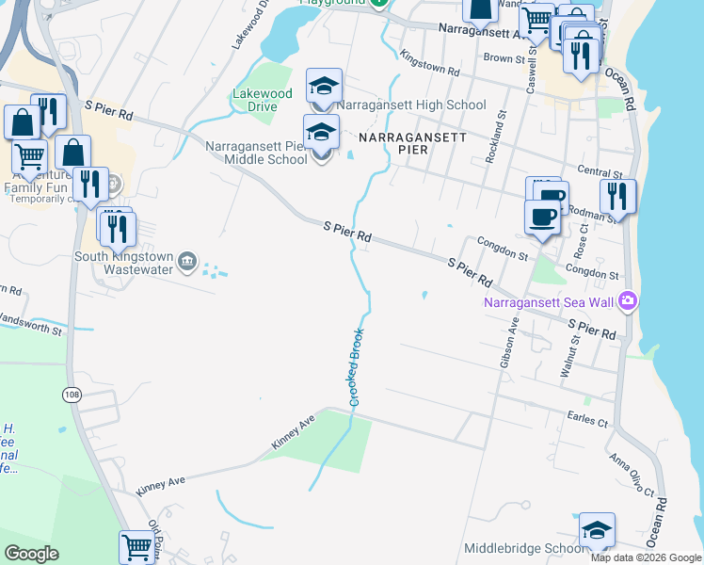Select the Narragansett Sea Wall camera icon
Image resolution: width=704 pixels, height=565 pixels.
[x=629, y=301]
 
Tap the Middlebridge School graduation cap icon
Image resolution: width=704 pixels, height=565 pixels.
[x=597, y=531]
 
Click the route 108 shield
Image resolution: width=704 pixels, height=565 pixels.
[x=72, y=394]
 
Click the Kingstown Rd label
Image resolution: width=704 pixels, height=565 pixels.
[x=429, y=64]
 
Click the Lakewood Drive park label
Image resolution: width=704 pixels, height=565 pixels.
[x=263, y=100]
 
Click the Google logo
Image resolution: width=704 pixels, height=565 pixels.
[x=32, y=554]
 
